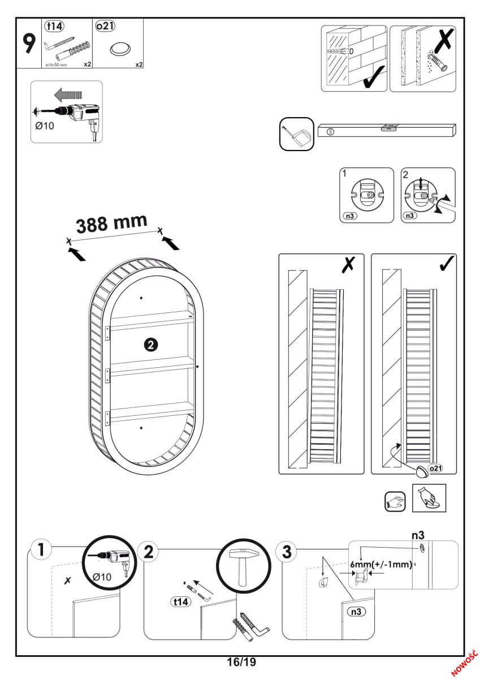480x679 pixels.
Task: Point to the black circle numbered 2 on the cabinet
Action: tap(152, 343)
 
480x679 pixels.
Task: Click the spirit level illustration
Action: tap(387, 130)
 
